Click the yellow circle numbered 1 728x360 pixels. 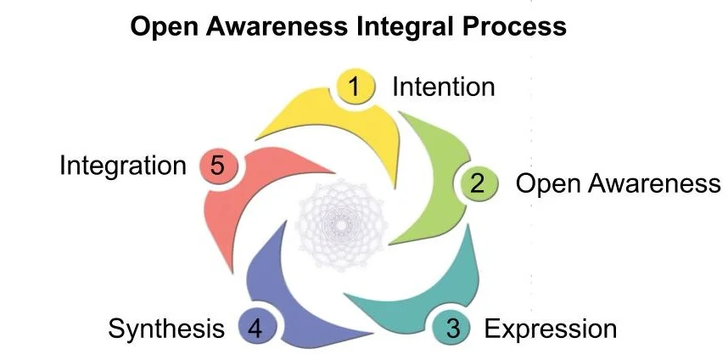[x=356, y=86]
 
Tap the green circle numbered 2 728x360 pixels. [x=478, y=183]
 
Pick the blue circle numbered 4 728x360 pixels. [x=255, y=328]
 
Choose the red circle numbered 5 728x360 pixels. [x=217, y=165]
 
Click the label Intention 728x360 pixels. [x=443, y=87]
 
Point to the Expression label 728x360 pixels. [x=550, y=329]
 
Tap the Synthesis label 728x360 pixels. [x=166, y=329]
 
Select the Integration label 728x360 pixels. [x=122, y=165]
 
